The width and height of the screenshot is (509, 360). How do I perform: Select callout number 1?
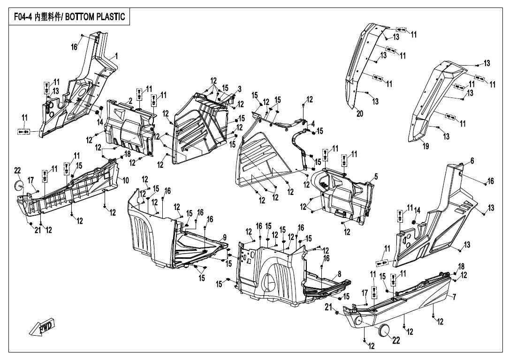(x=116, y=56)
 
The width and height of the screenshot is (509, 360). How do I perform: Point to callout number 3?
(x=239, y=89)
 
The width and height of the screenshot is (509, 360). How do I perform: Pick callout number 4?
(x=311, y=123)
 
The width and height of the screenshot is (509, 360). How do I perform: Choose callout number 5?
(x=376, y=177)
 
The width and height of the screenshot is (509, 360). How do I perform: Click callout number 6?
(x=471, y=161)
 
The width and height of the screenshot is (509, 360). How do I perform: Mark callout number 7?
(x=454, y=297)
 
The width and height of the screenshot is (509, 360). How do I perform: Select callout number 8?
(x=339, y=273)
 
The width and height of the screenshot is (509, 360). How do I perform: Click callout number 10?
(x=126, y=180)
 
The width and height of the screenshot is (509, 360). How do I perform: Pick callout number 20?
(x=359, y=114)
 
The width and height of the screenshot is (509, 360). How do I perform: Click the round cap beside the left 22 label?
(x=20, y=185)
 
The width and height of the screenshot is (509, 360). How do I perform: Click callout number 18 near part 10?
(x=127, y=154)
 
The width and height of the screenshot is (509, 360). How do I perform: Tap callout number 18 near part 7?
(x=461, y=266)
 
